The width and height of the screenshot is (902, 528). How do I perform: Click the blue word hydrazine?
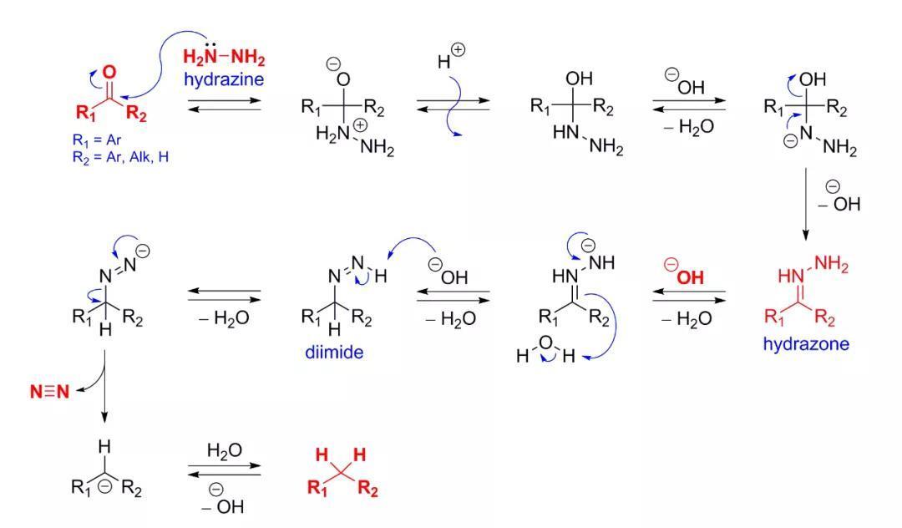(224, 79)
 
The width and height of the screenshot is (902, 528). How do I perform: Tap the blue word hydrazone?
(806, 344)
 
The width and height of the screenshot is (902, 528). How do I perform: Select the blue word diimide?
(334, 352)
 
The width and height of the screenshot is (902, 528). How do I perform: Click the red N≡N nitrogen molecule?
(49, 392)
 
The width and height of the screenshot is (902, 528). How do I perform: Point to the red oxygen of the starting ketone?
(109, 72)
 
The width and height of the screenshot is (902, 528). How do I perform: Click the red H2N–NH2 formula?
(224, 58)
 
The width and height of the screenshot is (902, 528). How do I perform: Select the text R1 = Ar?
(97, 140)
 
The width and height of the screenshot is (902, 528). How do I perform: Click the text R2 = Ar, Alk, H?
(121, 157)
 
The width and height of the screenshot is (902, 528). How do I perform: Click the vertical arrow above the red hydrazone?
(805, 204)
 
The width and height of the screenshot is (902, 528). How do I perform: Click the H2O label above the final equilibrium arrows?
(225, 450)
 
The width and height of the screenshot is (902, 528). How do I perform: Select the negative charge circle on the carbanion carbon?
(104, 486)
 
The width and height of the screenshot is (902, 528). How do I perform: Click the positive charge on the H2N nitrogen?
(360, 124)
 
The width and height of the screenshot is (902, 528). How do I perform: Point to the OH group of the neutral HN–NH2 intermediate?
(580, 79)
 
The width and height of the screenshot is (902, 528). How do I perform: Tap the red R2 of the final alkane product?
(367, 489)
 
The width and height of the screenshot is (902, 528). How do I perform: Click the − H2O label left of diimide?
(225, 318)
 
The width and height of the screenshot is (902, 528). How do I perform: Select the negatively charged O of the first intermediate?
(343, 79)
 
